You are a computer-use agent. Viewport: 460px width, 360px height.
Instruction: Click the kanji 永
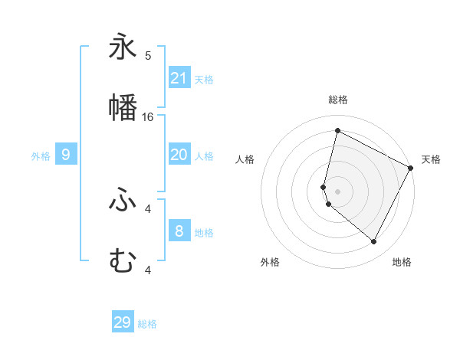[123, 47]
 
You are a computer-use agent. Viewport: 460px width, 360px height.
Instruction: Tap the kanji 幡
[123, 108]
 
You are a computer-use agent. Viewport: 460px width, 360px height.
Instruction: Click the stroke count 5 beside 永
[148, 55]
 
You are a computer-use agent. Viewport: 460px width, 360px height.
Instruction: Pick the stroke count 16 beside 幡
[148, 116]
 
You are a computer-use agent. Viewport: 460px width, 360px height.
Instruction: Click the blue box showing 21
[179, 78]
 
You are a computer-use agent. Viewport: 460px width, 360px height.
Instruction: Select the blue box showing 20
[179, 155]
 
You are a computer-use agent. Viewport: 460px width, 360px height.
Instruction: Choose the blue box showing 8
[179, 231]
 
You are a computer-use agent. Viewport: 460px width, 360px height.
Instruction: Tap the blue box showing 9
[66, 155]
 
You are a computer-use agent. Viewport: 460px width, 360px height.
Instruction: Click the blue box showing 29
[123, 322]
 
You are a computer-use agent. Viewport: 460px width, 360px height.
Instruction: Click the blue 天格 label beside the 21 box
[204, 79]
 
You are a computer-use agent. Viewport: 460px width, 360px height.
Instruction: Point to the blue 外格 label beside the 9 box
[41, 155]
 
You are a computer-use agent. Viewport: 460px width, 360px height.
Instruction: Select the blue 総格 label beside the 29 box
[147, 324]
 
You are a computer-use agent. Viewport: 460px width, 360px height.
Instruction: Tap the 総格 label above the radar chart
[337, 100]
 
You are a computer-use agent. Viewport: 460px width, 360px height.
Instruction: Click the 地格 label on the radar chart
[402, 262]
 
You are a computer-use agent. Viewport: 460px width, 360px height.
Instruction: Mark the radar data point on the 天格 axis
[411, 168]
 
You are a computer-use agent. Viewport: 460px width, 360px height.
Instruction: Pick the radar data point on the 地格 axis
[374, 242]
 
